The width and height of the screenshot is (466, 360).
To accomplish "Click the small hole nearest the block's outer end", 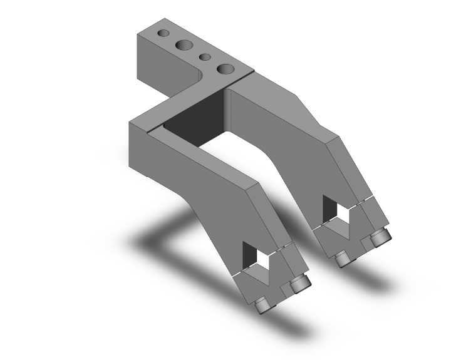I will pyautogui.click(x=163, y=33).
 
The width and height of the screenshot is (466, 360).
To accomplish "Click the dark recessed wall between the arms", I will pyautogui.click(x=194, y=122).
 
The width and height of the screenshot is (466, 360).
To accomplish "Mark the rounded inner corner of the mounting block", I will pyautogui.click(x=199, y=78).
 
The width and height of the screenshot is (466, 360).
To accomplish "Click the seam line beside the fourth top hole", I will pyautogui.click(x=246, y=75).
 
